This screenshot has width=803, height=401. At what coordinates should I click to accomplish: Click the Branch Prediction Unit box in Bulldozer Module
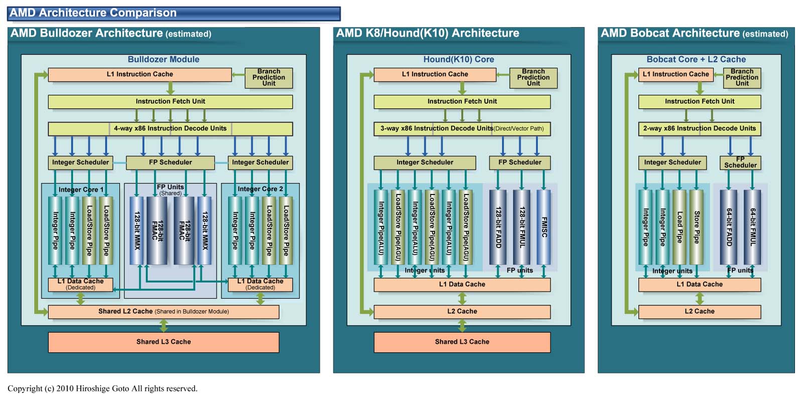click(x=269, y=78)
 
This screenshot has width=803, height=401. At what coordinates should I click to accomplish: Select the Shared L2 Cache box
click(x=164, y=311)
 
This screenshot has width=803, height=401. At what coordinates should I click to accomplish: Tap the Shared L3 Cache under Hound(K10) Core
click(x=462, y=342)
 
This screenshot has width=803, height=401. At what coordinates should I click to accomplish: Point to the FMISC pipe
click(x=544, y=227)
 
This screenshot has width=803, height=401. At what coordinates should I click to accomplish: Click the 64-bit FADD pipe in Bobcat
click(x=729, y=227)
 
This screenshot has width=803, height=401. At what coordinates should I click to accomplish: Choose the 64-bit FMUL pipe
click(x=752, y=227)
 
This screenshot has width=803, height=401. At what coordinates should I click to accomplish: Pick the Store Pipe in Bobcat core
click(x=696, y=227)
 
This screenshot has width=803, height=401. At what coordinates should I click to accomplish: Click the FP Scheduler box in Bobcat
click(x=740, y=162)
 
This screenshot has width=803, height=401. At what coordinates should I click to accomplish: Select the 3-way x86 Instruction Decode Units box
click(x=462, y=128)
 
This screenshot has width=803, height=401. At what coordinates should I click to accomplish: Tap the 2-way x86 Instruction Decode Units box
click(x=699, y=128)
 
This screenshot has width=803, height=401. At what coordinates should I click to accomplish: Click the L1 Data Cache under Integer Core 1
click(x=80, y=284)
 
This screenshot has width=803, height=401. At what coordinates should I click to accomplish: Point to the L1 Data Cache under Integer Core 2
click(x=260, y=284)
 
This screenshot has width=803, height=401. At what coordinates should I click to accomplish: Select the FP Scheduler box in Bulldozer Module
click(x=170, y=162)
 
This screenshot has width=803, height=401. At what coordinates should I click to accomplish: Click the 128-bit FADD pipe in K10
click(x=498, y=227)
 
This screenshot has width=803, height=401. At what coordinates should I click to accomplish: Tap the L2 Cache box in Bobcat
click(x=699, y=311)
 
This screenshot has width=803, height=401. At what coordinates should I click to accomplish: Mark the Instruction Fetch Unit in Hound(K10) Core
click(x=462, y=101)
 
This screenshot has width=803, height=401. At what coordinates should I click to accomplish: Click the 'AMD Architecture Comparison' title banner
click(x=174, y=13)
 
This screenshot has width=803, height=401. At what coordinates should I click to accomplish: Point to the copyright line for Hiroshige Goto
click(x=102, y=388)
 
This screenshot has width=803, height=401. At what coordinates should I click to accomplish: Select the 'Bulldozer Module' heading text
click(x=163, y=59)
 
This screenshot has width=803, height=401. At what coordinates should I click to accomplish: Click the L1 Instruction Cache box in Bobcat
click(x=676, y=74)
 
